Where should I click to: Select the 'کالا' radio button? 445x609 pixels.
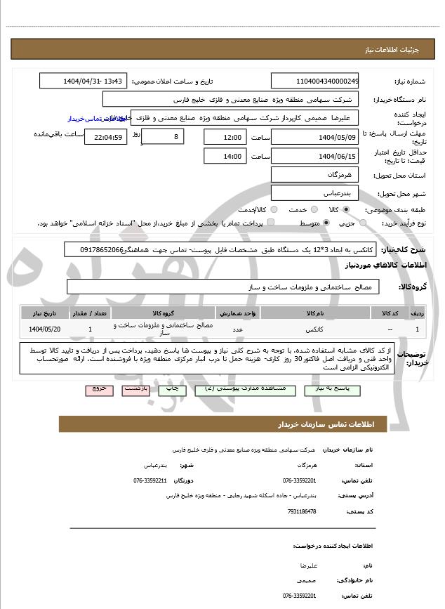[346, 209]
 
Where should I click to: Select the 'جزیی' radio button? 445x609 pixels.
[362, 223]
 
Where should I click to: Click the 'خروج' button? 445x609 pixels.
[98, 388]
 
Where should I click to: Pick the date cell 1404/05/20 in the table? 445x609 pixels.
[45, 329]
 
